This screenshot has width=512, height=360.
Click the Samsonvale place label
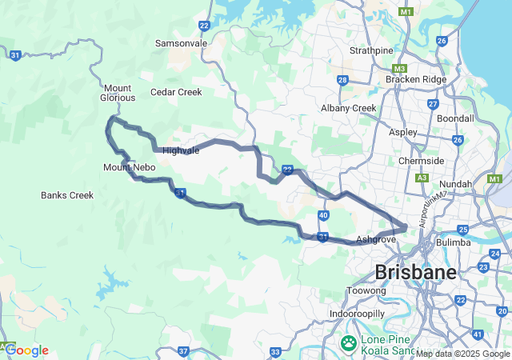[181, 42]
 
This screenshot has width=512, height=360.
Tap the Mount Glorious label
[118, 93]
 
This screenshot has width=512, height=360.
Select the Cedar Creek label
[176, 92]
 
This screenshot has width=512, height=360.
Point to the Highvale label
[181, 150]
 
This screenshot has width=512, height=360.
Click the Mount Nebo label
[128, 167]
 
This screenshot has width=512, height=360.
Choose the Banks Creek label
[67, 195]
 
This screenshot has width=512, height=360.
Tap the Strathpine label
[371, 50]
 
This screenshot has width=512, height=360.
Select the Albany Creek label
[348, 108]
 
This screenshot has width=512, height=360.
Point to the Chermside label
[421, 161]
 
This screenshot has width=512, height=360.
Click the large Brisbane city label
[415, 272]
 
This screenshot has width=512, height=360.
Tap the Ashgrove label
[376, 239]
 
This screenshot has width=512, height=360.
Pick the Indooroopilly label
[358, 314]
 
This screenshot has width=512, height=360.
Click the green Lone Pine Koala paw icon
[349, 343]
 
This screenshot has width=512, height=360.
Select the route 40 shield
[322, 215]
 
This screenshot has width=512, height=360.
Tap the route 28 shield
[342, 80]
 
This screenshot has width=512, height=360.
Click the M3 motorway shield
[400, 68]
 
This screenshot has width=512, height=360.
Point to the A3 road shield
[422, 178]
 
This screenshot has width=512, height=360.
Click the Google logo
[26, 350]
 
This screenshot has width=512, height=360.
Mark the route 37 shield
[183, 351]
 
